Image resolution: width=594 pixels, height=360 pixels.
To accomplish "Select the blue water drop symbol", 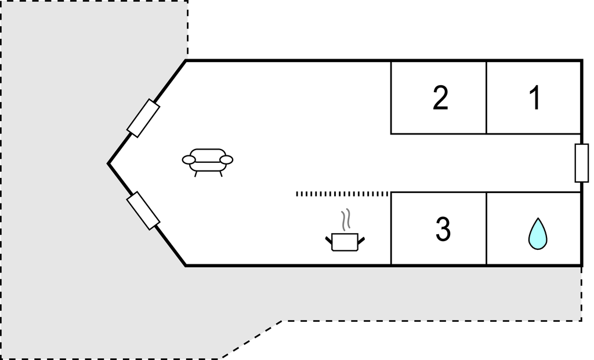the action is pyautogui.click(x=538, y=234).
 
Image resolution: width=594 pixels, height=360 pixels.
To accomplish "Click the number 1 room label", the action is pyautogui.click(x=534, y=97).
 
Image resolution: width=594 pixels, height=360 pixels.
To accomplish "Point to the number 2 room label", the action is pyautogui.click(x=440, y=97).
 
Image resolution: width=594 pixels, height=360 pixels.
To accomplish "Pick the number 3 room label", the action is pyautogui.click(x=443, y=229).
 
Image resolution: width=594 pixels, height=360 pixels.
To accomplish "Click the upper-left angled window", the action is pyautogui.click(x=143, y=118).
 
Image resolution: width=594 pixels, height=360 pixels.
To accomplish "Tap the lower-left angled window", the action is pyautogui.click(x=143, y=210).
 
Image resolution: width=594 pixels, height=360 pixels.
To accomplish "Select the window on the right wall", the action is pyautogui.click(x=581, y=163).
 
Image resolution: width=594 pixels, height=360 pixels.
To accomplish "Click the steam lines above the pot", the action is pyautogui.click(x=346, y=220).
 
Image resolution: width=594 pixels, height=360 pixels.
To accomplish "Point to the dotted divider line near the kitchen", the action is pyautogui.click(x=342, y=194).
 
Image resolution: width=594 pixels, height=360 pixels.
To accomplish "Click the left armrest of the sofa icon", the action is pyautogui.click(x=189, y=160).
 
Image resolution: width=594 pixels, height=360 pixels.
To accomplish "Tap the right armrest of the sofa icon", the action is pyautogui.click(x=227, y=160).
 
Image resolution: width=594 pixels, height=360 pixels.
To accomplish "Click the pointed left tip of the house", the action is pyautogui.click(x=108, y=163).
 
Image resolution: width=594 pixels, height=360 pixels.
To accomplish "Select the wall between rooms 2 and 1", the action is pyautogui.click(x=486, y=97).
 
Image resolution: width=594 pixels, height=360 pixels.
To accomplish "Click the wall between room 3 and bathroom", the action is pyautogui.click(x=486, y=228).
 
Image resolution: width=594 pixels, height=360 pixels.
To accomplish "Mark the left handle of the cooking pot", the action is pyautogui.click(x=329, y=240).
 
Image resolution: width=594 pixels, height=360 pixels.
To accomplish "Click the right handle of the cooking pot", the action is pyautogui.click(x=361, y=240).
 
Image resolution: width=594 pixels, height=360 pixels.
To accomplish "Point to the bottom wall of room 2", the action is pyautogui.click(x=439, y=134).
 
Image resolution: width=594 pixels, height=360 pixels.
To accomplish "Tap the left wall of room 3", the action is pyautogui.click(x=391, y=228).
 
